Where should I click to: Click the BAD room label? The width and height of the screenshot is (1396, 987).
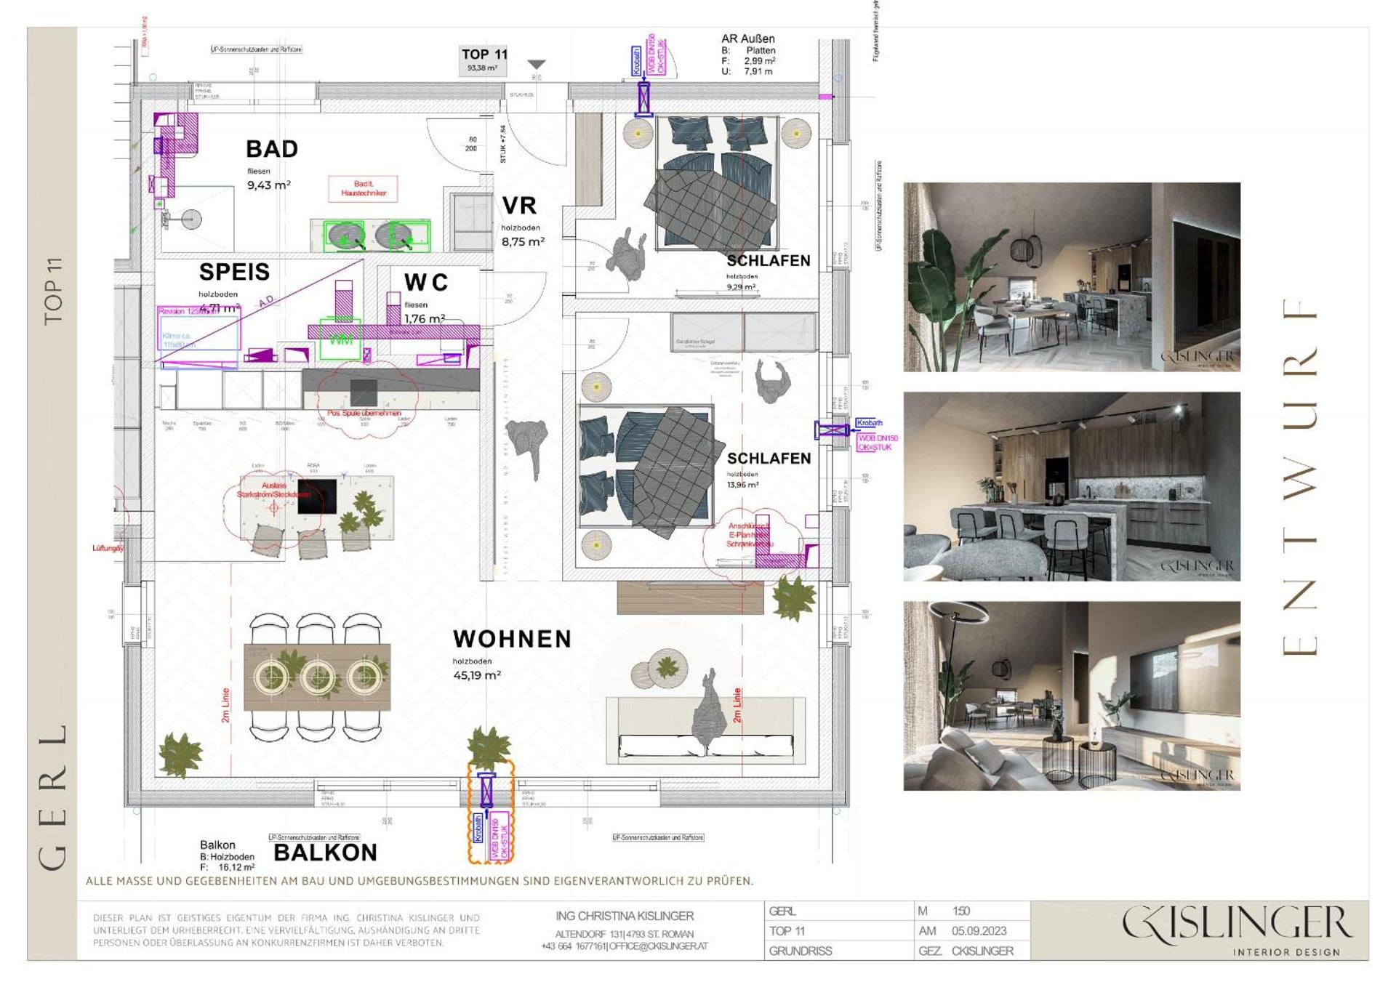(x=272, y=149)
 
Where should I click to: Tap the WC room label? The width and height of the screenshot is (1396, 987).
(x=426, y=282)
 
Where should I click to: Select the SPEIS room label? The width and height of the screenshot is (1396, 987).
(x=234, y=272)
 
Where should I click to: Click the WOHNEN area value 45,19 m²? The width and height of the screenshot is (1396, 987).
(x=477, y=675)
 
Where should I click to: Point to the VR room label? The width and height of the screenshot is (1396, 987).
(x=519, y=206)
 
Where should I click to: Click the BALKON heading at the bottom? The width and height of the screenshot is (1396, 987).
(x=325, y=853)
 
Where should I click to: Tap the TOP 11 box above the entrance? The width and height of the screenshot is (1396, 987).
(x=484, y=60)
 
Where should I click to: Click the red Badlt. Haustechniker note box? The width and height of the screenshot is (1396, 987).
(x=364, y=189)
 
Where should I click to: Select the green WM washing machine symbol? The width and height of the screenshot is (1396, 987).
(x=340, y=340)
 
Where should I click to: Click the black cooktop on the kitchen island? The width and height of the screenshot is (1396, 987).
(x=317, y=496)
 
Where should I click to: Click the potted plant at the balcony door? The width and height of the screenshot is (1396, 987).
(x=489, y=747)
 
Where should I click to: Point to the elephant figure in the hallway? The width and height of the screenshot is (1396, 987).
(x=526, y=442)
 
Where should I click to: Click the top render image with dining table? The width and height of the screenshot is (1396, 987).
(x=1071, y=277)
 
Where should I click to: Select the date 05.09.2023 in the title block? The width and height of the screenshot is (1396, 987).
(x=979, y=931)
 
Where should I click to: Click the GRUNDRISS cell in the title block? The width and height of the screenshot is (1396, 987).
(x=800, y=951)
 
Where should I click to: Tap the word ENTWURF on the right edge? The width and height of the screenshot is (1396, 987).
(x=1299, y=476)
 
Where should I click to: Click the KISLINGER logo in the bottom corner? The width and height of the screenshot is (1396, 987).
(x=1236, y=930)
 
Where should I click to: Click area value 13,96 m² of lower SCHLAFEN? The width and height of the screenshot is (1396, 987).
(x=742, y=485)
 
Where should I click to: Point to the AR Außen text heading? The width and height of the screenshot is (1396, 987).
(x=747, y=39)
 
